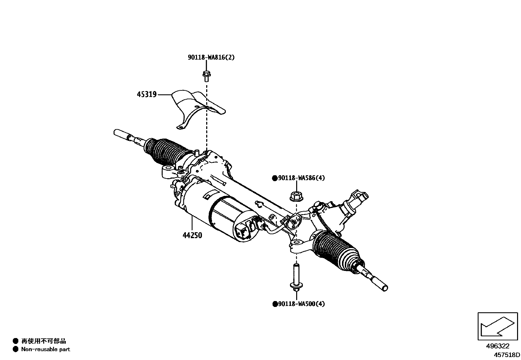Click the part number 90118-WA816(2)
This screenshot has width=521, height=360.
coord(211,57)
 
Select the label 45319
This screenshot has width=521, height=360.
coord(147,95)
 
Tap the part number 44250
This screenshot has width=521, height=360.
coord(192,235)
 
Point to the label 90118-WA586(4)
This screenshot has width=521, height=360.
coord(301,178)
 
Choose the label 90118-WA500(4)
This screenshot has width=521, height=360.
coord(301,304)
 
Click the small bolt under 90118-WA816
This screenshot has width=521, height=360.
coord(206,76)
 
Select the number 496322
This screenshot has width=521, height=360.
coord(497,346)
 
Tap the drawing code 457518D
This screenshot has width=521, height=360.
coord(507,354)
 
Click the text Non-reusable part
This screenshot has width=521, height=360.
coord(45,349)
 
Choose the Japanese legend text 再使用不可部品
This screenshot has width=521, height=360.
coord(44,341)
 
